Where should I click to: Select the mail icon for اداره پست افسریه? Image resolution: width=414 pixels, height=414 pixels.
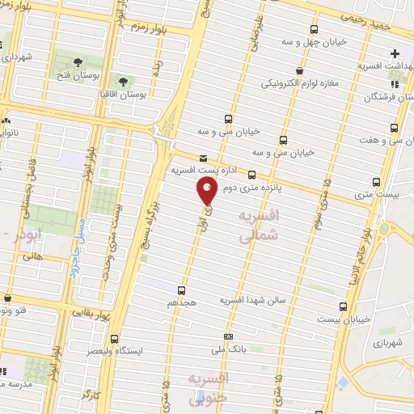[202, 158]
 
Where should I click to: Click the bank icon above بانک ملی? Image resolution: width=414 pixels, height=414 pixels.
[229, 336]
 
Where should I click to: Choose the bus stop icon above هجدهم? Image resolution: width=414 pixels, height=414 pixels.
[181, 289]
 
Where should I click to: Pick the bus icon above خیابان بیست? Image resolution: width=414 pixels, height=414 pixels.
[344, 306]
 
